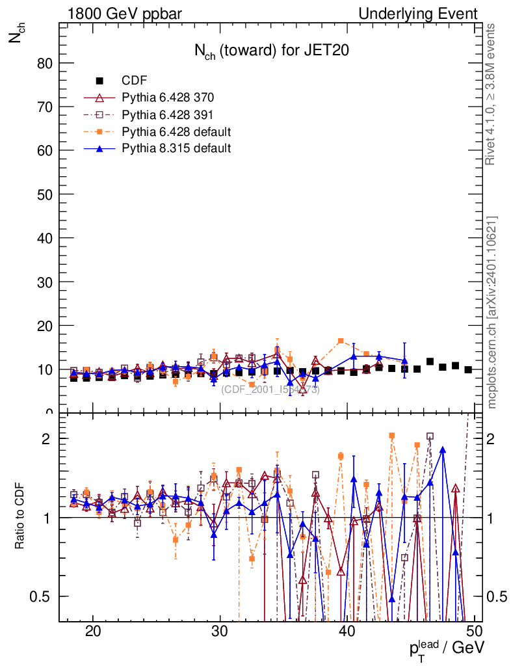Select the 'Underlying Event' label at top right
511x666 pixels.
[x=418, y=13]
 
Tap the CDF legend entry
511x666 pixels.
[x=135, y=81]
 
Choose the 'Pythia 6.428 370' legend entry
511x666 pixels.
[x=168, y=98]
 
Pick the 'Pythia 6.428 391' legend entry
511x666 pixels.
[x=168, y=114]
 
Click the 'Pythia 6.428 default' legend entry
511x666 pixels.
[x=176, y=131]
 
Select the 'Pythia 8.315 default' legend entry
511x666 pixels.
[x=176, y=148]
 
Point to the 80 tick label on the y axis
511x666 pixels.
[x=45, y=63]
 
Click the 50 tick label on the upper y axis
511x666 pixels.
[x=45, y=194]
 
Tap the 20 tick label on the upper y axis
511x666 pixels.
[x=45, y=326]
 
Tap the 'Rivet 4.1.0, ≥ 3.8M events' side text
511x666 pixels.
[x=492, y=94]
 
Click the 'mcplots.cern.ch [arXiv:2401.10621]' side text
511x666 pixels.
[x=492, y=312]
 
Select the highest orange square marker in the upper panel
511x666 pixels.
[x=341, y=341]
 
